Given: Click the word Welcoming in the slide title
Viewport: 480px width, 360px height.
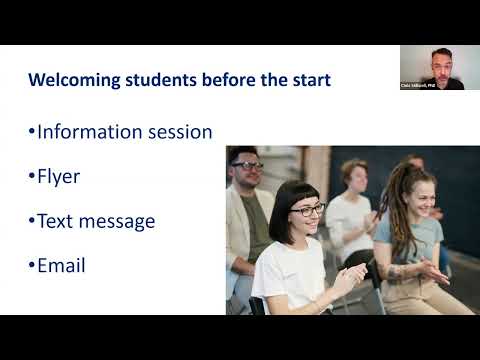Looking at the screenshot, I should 72,79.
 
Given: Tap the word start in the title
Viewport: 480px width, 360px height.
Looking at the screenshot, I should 311,79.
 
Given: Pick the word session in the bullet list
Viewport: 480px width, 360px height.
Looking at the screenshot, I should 179,132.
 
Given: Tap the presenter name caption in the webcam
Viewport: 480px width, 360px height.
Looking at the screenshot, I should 419,86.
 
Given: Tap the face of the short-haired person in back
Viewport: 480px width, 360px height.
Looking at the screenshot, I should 354,178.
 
